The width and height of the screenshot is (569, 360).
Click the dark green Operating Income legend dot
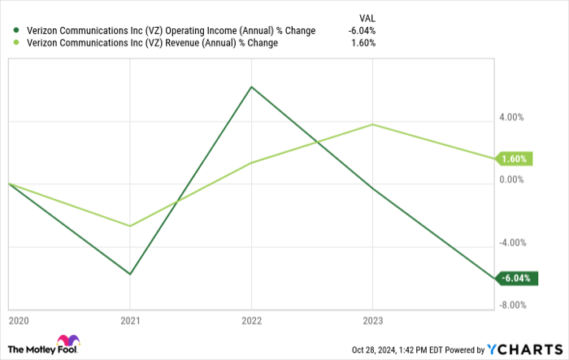click(x=15, y=31)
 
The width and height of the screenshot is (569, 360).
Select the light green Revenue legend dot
click(x=15, y=43)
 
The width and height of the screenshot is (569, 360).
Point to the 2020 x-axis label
click(x=17, y=320)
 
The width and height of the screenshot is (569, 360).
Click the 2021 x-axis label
click(x=130, y=320)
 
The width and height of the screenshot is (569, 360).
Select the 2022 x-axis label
click(x=251, y=320)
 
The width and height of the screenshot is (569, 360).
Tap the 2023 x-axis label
click(x=372, y=320)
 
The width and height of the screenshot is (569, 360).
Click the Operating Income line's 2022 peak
click(x=251, y=87)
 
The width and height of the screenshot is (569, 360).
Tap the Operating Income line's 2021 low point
click(x=130, y=274)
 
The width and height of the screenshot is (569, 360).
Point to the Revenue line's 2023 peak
click(x=372, y=124)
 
